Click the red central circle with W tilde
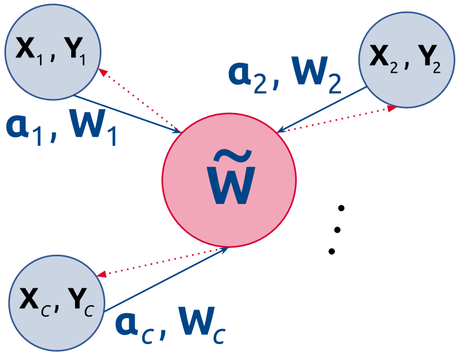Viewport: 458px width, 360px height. coord(229,179)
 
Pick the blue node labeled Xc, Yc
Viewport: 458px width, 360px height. coord(57,302)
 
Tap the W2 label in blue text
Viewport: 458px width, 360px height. coord(316,77)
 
